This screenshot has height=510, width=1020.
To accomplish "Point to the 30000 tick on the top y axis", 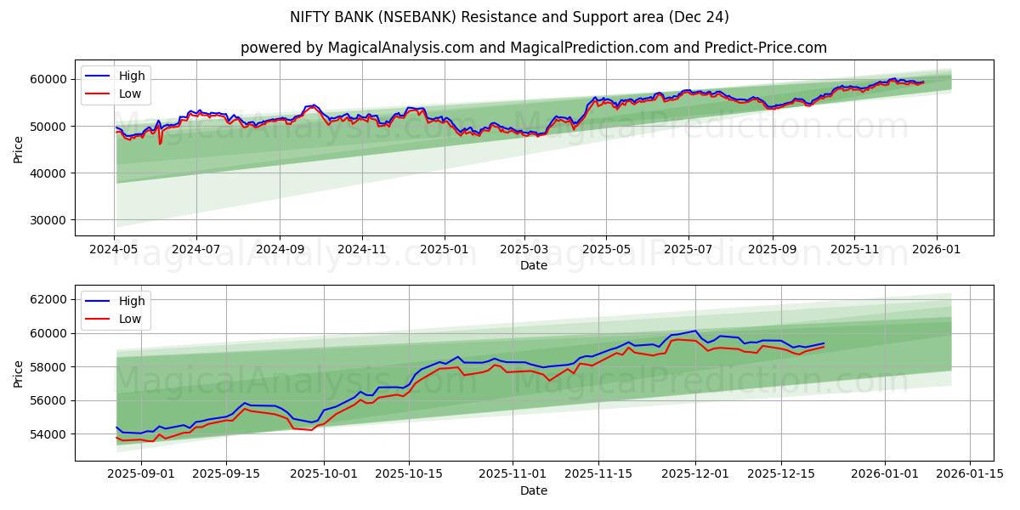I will (x=49, y=220).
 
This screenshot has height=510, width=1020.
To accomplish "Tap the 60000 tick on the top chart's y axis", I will (x=49, y=79).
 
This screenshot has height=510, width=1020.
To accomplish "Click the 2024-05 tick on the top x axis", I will (x=114, y=251).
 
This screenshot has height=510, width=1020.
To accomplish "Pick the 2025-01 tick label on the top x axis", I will (x=445, y=251).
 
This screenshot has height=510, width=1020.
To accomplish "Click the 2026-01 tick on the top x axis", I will (x=937, y=251).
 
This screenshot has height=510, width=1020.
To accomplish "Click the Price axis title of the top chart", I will (x=19, y=148).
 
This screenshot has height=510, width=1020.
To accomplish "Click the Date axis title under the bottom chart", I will (x=533, y=490).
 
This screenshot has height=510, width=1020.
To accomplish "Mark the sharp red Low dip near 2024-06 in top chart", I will (x=160, y=143).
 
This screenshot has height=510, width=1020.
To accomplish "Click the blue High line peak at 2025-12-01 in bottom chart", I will (x=695, y=331).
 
